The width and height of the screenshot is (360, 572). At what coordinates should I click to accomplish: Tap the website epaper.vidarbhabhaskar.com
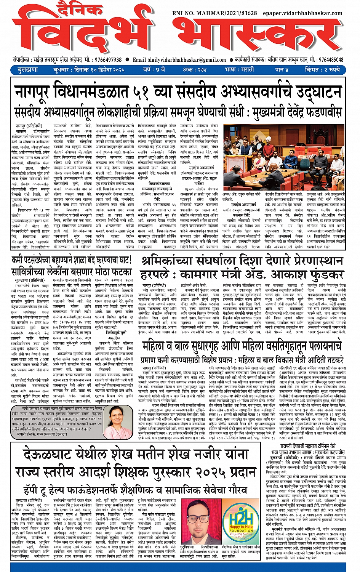click(x=302, y=13)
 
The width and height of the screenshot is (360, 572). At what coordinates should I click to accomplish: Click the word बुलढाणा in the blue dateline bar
click(x=28, y=70)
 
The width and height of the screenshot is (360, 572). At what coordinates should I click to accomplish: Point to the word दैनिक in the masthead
click(x=76, y=8)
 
